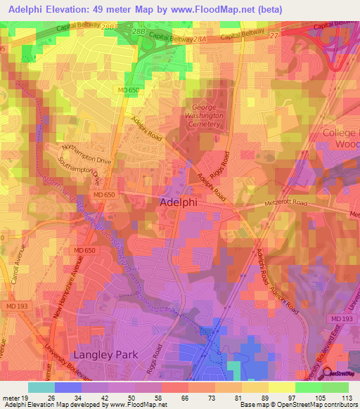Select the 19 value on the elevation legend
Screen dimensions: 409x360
tap(25, 398)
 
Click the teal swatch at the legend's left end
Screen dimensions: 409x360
tap(41, 387)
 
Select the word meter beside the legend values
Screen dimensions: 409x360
tap(11, 398)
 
